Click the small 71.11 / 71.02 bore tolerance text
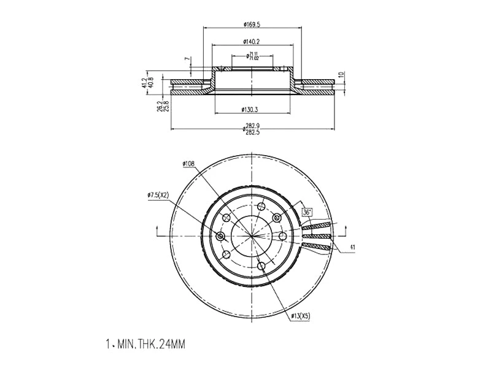point(252,56)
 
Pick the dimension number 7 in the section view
point(187,59)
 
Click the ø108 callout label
point(188,164)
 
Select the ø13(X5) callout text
point(300,316)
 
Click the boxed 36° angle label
point(307,212)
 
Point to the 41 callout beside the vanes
point(352,247)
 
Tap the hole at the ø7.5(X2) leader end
point(220,236)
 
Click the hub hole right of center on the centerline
point(283,236)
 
